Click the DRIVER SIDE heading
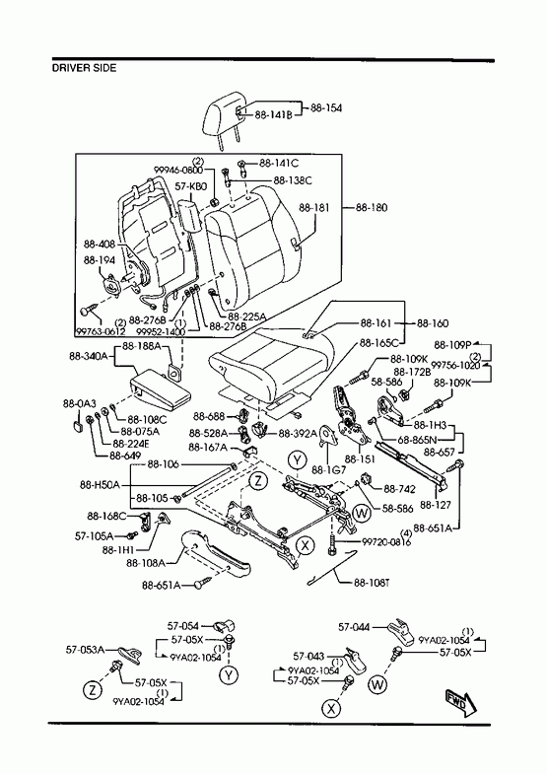[x=85, y=68]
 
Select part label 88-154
[x=326, y=108]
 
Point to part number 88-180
[x=372, y=207]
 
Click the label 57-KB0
[x=191, y=186]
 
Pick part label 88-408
[x=100, y=245]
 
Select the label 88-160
[x=433, y=323]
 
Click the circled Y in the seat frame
[x=298, y=460]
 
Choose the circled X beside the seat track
[x=306, y=546]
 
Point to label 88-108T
[x=372, y=583]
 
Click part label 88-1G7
[x=329, y=469]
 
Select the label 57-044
[x=354, y=627]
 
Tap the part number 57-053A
[x=86, y=650]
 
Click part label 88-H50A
[x=100, y=485]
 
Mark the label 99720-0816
[x=386, y=541]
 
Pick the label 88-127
[x=435, y=505]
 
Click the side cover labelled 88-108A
[x=216, y=554]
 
